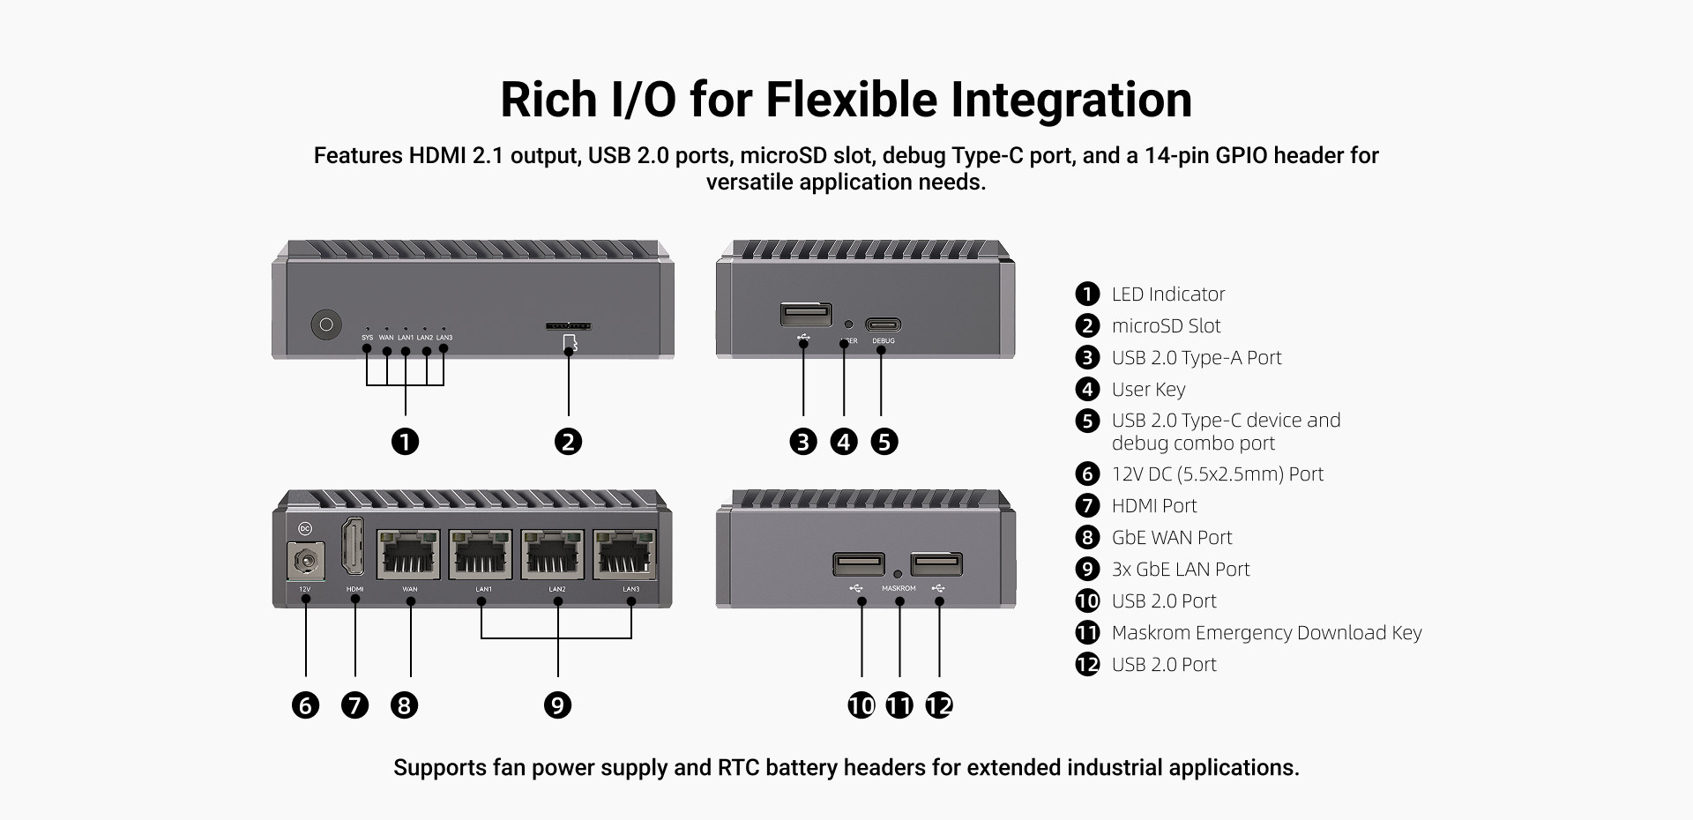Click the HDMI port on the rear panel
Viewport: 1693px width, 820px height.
pos(354,547)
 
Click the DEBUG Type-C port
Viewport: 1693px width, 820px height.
pos(883,324)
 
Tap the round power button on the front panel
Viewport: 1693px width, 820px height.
pos(326,324)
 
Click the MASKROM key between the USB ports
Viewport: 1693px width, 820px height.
pos(898,574)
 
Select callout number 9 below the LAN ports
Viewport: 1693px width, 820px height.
pos(557,705)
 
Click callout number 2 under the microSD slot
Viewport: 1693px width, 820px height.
pos(569,442)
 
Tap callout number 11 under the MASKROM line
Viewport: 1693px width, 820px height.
pos(899,705)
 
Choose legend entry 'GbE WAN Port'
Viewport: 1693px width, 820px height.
pos(1171,538)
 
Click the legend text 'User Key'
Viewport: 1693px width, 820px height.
pos(1148,390)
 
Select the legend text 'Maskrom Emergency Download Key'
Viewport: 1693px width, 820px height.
pos(1266,633)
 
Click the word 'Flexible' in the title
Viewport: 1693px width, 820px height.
pos(852,99)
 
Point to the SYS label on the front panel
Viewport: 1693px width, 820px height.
pos(367,338)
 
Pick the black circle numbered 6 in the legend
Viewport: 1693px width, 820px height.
pos(1087,474)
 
